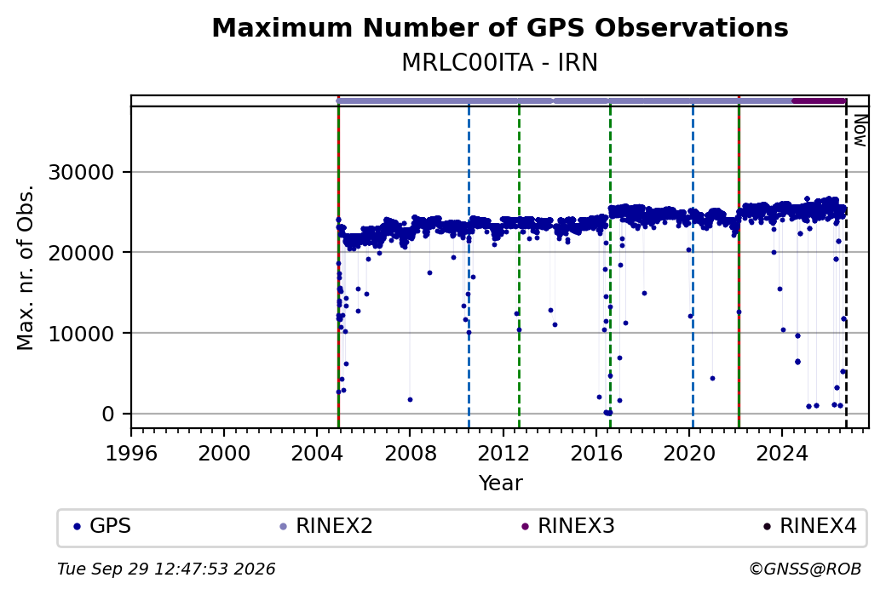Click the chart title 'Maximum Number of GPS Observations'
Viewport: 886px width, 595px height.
pos(500,27)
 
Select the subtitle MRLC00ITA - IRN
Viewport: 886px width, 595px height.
pos(499,63)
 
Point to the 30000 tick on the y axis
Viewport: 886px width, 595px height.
pos(82,172)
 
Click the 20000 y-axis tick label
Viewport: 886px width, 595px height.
pos(82,253)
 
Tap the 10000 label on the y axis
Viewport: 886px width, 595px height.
pos(82,334)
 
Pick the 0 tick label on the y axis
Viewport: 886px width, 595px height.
pos(108,415)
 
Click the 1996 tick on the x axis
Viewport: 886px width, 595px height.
pos(131,454)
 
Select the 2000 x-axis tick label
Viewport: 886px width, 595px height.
pos(224,454)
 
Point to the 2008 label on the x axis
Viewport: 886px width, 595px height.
pos(411,454)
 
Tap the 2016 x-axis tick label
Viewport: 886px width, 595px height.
pos(596,454)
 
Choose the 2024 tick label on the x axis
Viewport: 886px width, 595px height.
pos(782,454)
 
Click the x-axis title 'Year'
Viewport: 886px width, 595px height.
pos(501,483)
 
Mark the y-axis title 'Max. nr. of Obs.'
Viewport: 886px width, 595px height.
pos(26,267)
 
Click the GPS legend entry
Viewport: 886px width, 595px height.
pos(102,526)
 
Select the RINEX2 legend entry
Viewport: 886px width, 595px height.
pos(326,526)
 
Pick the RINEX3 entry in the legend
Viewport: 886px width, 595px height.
pos(568,526)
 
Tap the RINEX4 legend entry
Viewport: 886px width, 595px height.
pos(809,526)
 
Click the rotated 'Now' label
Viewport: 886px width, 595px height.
pos(860,130)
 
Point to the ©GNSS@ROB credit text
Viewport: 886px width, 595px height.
pos(805,569)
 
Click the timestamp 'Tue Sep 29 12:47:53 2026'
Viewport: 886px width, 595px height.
pos(166,569)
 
